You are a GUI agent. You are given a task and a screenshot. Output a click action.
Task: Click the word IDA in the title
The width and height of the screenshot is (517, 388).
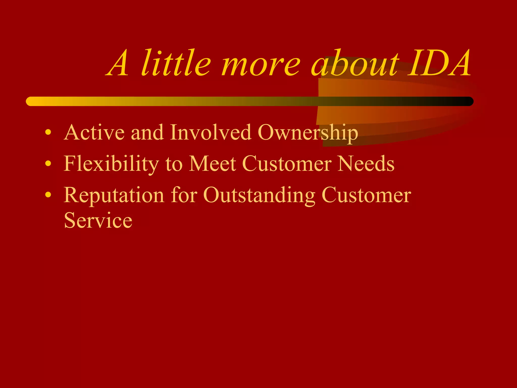click(x=439, y=63)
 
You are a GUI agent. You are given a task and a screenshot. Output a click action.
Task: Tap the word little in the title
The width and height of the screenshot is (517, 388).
click(x=176, y=63)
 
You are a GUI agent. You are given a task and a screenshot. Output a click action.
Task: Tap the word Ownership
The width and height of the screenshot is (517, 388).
click(x=308, y=133)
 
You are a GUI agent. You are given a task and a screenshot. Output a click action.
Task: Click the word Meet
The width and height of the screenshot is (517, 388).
click(x=213, y=164)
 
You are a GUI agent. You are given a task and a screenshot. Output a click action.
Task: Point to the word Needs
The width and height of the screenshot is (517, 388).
click(x=366, y=164)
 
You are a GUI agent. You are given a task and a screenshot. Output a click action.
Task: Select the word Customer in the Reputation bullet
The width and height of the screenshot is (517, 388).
click(x=366, y=195)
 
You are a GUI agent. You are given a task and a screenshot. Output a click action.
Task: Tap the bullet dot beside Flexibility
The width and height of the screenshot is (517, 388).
click(x=48, y=164)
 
